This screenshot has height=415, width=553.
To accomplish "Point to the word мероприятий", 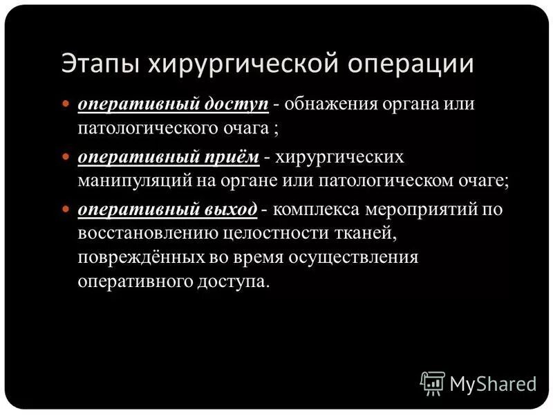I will [423, 210].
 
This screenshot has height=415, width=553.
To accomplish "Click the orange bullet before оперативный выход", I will [66, 210].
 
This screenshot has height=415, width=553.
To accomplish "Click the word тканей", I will [367, 233].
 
